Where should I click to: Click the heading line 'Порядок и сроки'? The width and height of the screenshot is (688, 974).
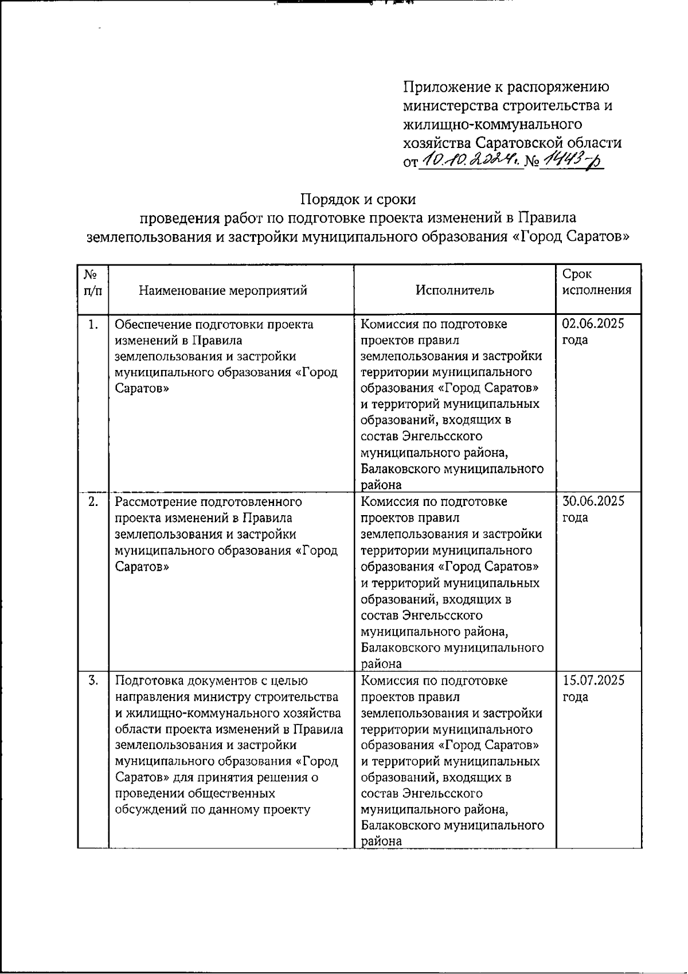coord(358,199)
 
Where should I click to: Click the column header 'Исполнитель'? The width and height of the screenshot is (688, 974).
coord(455,290)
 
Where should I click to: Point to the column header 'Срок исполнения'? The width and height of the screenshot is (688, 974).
coord(597,282)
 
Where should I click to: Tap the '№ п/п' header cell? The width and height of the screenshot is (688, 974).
coord(93,282)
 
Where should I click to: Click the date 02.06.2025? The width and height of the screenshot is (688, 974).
coord(593,324)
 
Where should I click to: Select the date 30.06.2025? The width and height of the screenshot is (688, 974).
coord(593,501)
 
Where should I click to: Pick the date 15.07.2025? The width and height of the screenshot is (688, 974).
coord(593,681)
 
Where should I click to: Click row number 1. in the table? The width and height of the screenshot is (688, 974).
coord(93,325)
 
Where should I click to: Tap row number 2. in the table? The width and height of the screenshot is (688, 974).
coord(93,502)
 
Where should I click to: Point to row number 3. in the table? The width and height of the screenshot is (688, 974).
coord(93,681)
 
